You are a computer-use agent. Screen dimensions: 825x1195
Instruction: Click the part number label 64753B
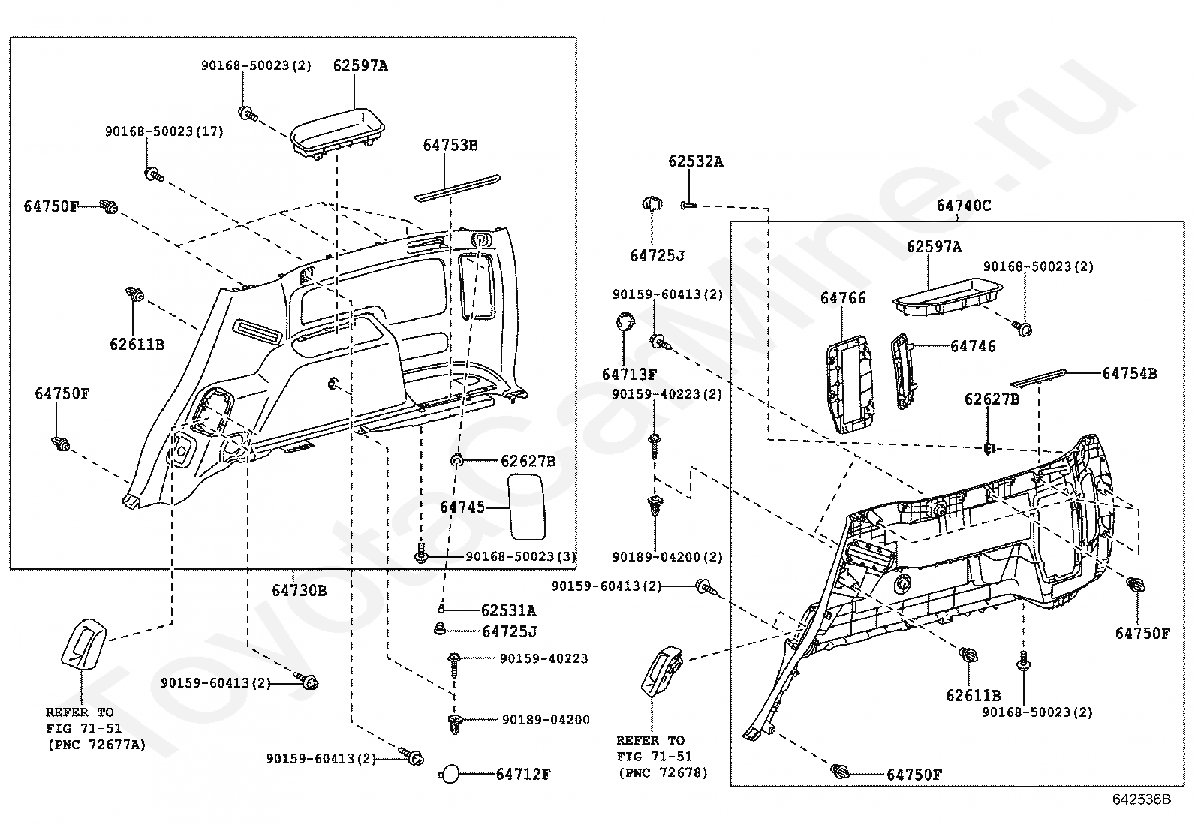coord(450,146)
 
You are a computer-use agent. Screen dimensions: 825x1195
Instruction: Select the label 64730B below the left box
coord(299,591)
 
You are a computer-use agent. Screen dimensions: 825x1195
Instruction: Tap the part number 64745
coord(462,507)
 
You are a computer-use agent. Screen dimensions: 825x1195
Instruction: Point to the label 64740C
coord(963,206)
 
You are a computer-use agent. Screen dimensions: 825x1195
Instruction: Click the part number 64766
coord(842,298)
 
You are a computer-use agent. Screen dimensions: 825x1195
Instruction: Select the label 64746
coord(973,346)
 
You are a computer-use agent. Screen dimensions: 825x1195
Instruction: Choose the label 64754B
coord(1129,373)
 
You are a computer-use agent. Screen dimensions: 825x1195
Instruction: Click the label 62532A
coord(696,161)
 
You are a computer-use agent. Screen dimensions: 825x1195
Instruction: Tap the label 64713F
coord(629,374)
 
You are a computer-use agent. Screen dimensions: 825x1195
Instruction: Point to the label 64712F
coord(522,774)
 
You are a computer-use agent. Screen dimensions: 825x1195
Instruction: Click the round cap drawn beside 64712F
coord(450,774)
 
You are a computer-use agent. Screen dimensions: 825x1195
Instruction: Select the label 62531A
coord(508,610)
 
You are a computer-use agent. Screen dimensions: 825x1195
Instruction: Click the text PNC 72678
coord(662,772)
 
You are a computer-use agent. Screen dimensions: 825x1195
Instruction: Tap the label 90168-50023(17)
coord(164,131)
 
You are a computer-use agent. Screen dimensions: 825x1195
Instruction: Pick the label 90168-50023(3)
coord(520,556)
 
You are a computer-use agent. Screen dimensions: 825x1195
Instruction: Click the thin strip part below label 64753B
coord(456,187)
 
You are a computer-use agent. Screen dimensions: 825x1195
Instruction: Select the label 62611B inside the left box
coord(137,345)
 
